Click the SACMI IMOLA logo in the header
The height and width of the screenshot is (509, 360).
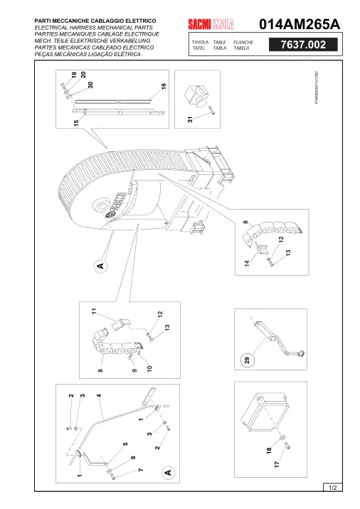click(x=211, y=24)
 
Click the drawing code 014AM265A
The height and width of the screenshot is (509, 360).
click(x=300, y=24)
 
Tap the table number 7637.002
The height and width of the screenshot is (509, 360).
click(x=303, y=45)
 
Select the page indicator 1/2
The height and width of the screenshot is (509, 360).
click(x=333, y=487)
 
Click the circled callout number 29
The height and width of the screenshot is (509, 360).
click(x=248, y=360)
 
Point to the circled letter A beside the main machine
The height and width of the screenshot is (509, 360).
click(x=101, y=266)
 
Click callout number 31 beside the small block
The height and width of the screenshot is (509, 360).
click(x=190, y=119)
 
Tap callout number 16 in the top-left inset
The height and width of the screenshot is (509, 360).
click(x=164, y=86)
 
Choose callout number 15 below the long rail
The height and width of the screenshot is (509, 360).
click(x=76, y=123)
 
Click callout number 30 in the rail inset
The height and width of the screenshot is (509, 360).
click(x=90, y=85)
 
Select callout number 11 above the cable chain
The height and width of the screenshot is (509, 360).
click(x=94, y=311)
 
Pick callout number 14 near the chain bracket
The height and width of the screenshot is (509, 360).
click(x=247, y=263)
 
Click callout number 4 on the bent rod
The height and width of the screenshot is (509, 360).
click(x=99, y=395)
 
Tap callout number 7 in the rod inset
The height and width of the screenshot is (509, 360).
click(x=141, y=470)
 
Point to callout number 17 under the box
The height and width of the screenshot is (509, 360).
click(x=277, y=464)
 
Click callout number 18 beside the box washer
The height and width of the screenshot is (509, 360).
click(x=269, y=451)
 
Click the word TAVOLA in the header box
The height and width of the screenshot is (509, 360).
click(x=200, y=42)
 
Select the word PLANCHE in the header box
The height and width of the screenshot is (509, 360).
click(x=243, y=42)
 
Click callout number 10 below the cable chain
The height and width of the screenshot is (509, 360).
click(x=149, y=368)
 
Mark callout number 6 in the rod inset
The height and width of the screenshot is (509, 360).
click(x=133, y=457)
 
